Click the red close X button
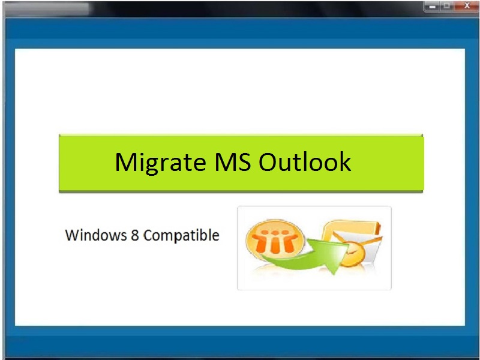tap(466, 6)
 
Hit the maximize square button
tap(446, 6)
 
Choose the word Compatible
tap(181, 235)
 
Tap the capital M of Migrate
tap(125, 162)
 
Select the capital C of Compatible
tap(148, 235)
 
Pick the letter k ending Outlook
tap(344, 162)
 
